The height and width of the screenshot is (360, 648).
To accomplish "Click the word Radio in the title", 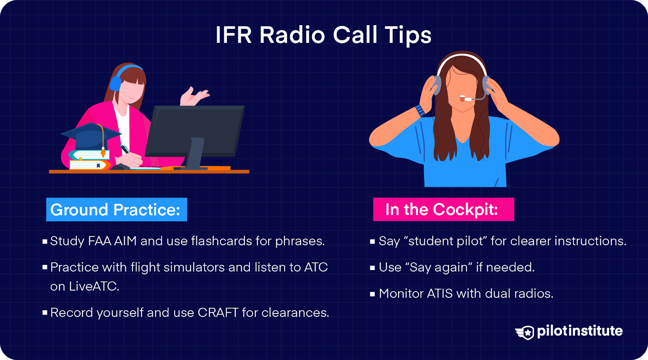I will pos(292,35).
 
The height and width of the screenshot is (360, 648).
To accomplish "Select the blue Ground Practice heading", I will pos(116,210).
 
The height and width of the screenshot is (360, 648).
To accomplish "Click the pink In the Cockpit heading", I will pos(443,209).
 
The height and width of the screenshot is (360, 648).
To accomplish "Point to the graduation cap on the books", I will pos(91,136).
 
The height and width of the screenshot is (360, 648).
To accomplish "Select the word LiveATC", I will pos(94,286).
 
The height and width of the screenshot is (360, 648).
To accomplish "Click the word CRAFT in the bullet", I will pos(218,313).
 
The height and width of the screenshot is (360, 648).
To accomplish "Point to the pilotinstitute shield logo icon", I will pos(525,332).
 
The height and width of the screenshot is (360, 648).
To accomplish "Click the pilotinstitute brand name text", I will pos(580,331).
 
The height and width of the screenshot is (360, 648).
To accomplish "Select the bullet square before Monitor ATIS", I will pos(373,294).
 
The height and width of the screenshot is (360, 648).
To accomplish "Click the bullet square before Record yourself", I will pos(45,313).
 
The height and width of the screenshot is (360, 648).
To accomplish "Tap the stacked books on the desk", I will pos(89,160).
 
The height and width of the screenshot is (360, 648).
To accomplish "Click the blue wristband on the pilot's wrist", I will pos(420,111).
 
